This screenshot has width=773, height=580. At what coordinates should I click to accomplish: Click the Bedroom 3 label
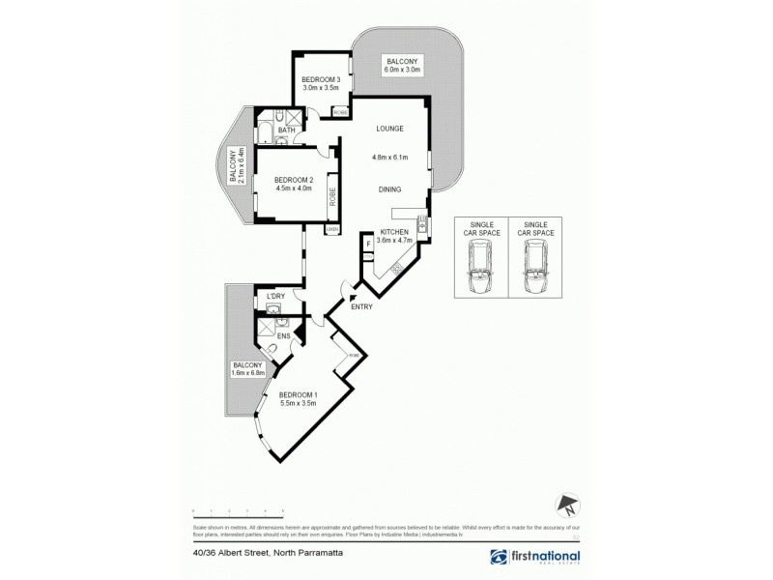[321, 79]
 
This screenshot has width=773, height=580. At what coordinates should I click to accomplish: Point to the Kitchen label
[394, 233]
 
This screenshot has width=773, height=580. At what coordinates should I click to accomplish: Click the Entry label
[361, 307]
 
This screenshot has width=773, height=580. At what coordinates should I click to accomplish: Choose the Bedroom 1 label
[299, 395]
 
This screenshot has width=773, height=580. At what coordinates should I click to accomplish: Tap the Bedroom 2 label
[294, 180]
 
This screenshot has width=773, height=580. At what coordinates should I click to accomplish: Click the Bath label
[286, 130]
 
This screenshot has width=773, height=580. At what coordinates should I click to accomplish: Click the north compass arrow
[568, 503]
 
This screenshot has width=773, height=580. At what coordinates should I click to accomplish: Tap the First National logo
[537, 558]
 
